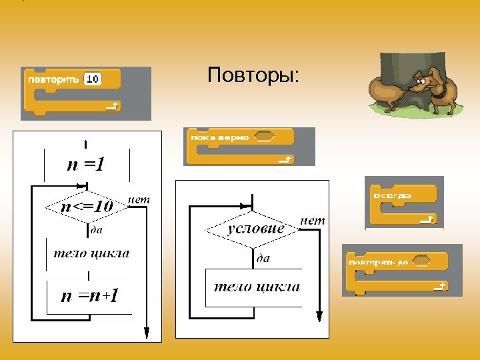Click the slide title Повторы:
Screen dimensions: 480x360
253,75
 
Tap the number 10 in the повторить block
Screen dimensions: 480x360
93,79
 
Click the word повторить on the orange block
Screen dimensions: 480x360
54,79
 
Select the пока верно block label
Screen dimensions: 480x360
219,137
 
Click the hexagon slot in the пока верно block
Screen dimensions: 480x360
265,137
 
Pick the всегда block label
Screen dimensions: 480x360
393,195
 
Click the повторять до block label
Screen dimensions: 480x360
378,262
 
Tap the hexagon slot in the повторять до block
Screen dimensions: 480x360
421,262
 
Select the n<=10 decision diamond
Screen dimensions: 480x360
87,207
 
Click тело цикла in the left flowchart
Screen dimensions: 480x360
91,253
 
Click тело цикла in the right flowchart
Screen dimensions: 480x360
257,287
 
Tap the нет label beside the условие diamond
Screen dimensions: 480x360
313,220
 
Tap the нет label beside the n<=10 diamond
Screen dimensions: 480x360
138,199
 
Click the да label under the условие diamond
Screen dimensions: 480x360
263,258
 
